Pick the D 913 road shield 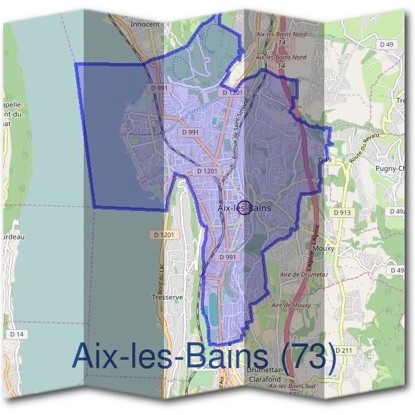pyautogui.click(x=341, y=213)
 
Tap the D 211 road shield pyautogui.click(x=344, y=351)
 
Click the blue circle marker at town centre pyautogui.click(x=244, y=207)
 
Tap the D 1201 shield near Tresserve pyautogui.click(x=167, y=235)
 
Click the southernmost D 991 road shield pyautogui.click(x=228, y=257)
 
